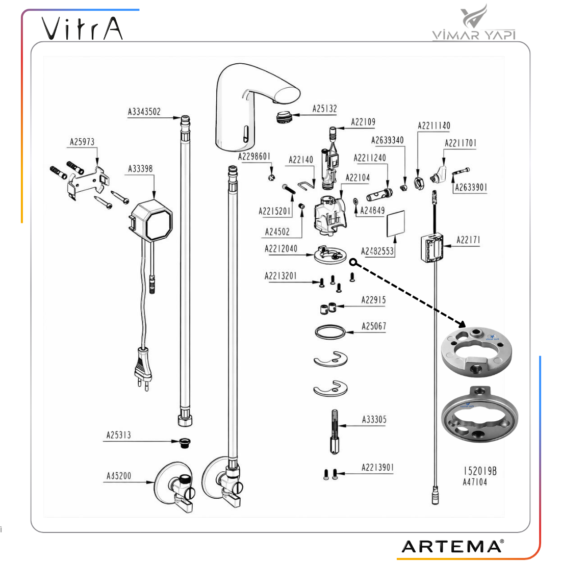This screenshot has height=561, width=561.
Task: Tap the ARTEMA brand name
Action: [452, 546]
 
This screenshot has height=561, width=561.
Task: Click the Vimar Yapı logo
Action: [474, 23]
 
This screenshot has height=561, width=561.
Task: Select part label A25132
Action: [325, 109]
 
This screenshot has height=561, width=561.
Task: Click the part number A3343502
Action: [144, 112]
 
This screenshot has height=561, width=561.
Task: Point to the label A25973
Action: [82, 142]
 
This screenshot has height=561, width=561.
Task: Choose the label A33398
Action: [140, 168]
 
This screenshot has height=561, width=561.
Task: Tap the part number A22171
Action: [468, 240]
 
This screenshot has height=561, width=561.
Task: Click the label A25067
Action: [374, 326]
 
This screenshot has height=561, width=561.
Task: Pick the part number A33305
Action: [374, 419]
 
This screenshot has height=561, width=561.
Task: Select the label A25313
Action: [118, 435]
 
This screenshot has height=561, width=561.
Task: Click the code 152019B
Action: [480, 471]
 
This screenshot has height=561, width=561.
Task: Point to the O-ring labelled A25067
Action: [330, 333]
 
